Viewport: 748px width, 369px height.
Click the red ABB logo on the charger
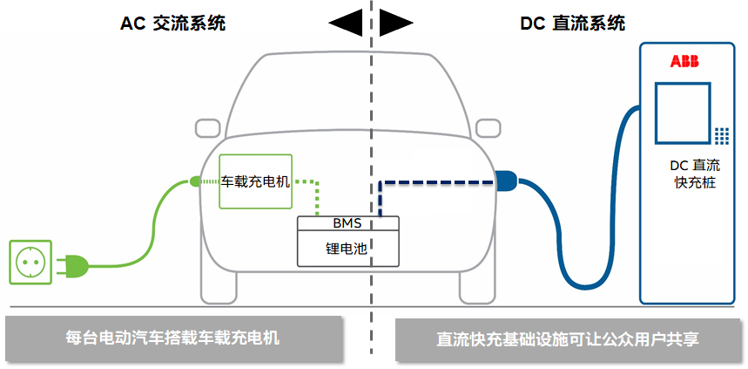pyautogui.click(x=684, y=61)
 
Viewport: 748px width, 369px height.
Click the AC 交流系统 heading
pyautogui.click(x=172, y=24)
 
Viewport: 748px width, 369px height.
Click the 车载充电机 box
pyautogui.click(x=254, y=181)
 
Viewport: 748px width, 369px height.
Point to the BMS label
pyautogui.click(x=347, y=223)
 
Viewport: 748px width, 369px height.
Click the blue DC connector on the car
pyautogui.click(x=505, y=182)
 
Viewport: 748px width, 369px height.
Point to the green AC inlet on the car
pyautogui.click(x=196, y=181)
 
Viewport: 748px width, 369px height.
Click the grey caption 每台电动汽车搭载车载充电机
pyautogui.click(x=172, y=337)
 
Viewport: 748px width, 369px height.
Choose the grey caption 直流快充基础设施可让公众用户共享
pyautogui.click(x=568, y=338)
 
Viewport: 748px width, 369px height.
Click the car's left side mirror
pyautogui.click(x=207, y=128)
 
